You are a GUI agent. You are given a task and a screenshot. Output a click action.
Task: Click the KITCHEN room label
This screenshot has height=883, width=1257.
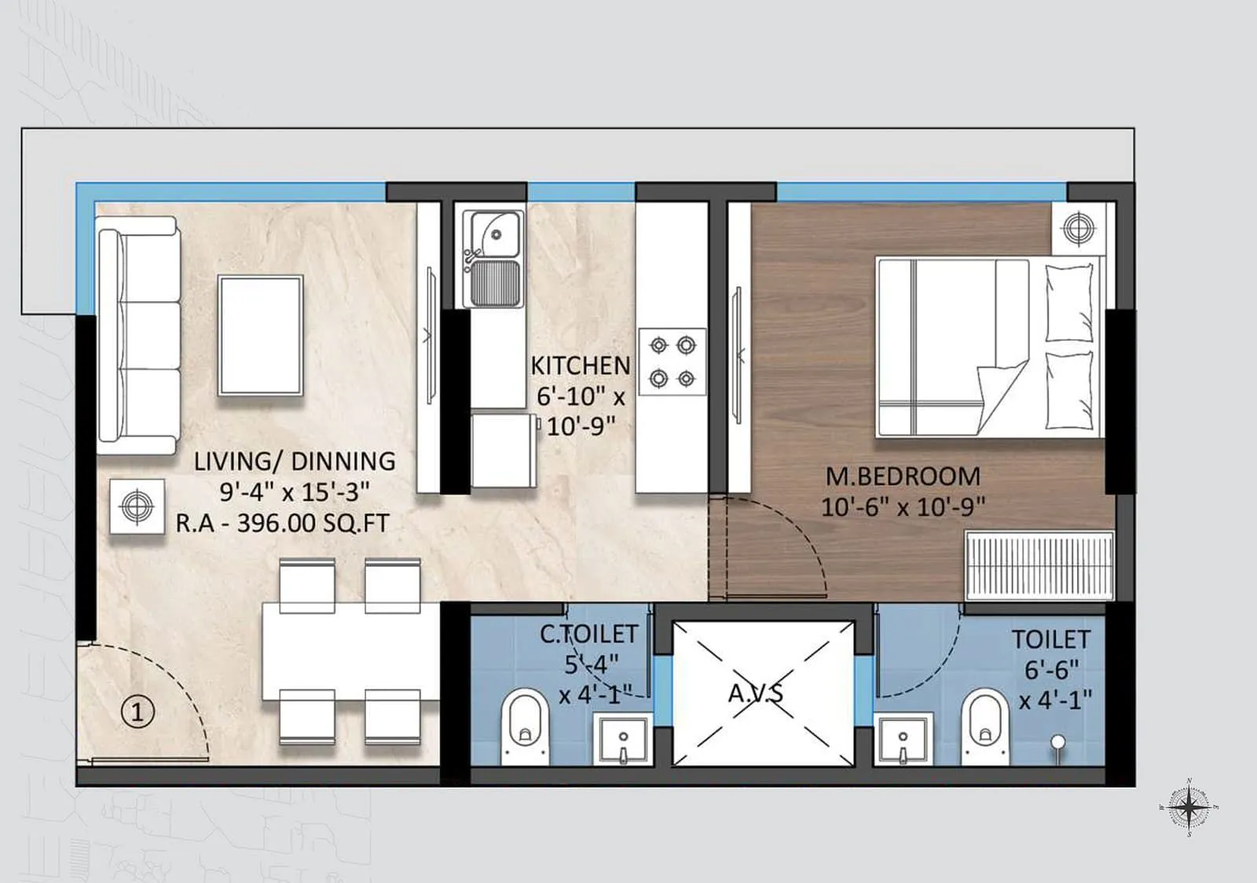coord(580,366)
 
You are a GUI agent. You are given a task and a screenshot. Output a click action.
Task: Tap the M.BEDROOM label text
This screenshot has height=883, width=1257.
coord(903,476)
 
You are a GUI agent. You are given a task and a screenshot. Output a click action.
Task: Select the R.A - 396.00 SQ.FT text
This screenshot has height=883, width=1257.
coord(282,524)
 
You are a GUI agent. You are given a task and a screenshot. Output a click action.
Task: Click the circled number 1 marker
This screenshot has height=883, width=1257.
coord(137,712)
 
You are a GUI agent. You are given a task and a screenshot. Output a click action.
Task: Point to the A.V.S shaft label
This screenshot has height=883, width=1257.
coord(755,694)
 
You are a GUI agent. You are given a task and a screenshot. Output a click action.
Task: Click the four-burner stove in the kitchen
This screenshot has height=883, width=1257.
coord(672,362)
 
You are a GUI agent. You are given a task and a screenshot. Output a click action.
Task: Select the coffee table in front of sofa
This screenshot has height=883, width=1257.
coord(261,335)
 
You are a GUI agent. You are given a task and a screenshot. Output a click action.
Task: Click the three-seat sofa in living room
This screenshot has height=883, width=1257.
coord(138,336)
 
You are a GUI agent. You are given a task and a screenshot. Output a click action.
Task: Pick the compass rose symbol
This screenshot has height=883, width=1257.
coord(1189,807)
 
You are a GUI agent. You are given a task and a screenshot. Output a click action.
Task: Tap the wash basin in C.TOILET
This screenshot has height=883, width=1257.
coord(622,739)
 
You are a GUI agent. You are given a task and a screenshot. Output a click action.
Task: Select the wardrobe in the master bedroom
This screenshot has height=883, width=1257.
coord(1039,565)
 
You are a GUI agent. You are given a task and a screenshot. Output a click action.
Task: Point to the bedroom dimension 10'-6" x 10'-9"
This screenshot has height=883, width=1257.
coord(903,507)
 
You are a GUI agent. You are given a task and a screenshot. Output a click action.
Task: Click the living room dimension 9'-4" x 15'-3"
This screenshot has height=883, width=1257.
coord(294,492)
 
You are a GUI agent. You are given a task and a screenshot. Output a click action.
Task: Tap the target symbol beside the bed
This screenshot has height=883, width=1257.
coord(1078,228)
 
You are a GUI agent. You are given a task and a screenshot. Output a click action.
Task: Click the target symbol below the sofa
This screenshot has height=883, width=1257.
coord(137,506)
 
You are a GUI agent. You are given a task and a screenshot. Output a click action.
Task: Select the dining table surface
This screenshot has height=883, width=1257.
coord(350,651)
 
